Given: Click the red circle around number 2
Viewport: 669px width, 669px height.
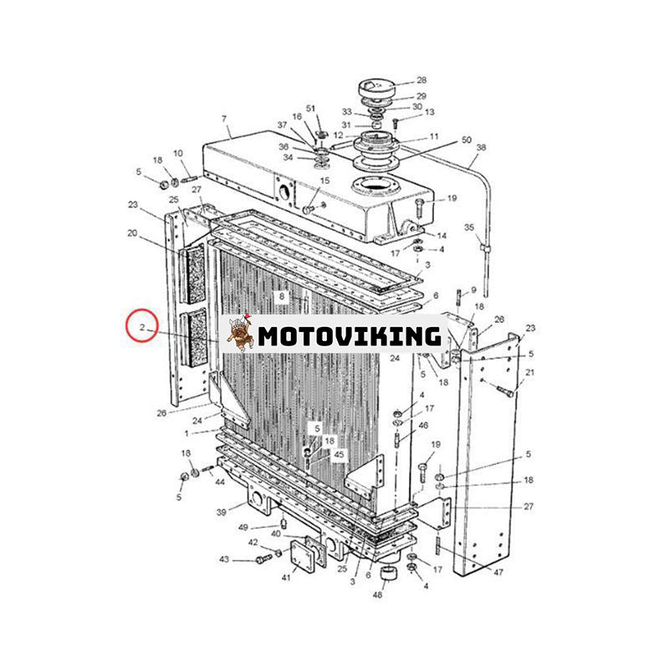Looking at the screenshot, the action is click(x=142, y=325).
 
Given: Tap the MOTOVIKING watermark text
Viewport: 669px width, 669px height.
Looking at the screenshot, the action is click(x=350, y=336).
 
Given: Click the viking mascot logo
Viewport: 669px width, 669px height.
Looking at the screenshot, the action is click(x=240, y=334).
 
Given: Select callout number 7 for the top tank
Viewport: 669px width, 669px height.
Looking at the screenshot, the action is click(x=224, y=119).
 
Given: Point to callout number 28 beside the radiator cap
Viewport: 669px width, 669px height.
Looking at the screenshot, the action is click(x=421, y=80).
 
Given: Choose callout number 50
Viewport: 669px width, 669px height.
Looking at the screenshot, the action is click(x=467, y=140).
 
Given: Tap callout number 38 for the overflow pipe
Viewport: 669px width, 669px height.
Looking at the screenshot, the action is click(x=482, y=148).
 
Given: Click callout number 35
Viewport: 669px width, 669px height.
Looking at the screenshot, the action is click(x=469, y=227).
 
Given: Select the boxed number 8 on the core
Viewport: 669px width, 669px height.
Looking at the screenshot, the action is click(x=282, y=296).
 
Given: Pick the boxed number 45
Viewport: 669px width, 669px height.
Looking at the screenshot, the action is click(x=339, y=455).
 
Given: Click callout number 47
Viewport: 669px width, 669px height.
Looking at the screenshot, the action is click(x=498, y=572).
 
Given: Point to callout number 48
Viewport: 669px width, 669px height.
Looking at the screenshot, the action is click(x=378, y=594).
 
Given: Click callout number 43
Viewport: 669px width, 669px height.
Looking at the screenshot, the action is click(x=224, y=559).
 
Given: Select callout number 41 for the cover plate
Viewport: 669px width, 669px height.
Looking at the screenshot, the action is click(x=286, y=577).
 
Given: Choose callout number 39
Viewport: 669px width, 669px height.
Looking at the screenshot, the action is click(x=221, y=512).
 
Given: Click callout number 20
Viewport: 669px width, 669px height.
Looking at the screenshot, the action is click(x=132, y=233).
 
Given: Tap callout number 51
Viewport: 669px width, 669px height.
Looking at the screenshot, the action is click(x=310, y=109).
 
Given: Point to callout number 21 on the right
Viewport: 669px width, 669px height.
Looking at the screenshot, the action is click(x=529, y=372).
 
